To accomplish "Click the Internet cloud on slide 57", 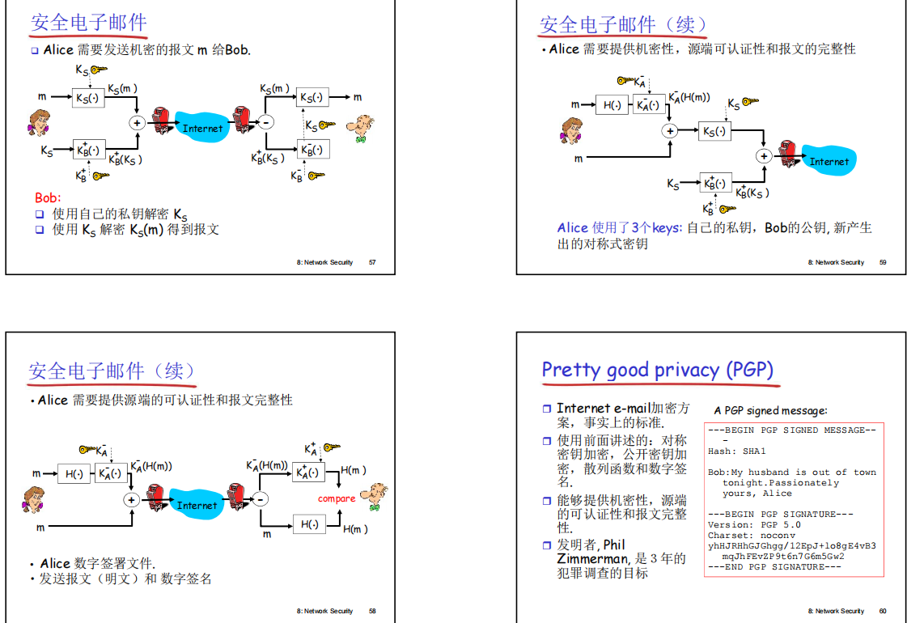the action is tap(202, 128).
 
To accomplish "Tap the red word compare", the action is tap(337, 498).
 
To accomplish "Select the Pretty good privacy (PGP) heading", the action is tap(657, 370).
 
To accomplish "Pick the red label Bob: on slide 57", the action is tap(48, 197).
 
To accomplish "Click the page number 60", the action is tap(883, 611).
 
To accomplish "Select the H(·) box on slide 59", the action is tap(611, 104).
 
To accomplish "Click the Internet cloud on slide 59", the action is tap(829, 161).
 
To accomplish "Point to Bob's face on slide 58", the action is tap(375, 494).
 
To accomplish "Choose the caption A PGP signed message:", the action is tap(770, 410).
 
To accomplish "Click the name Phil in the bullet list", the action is tap(614, 545).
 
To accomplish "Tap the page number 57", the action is tap(372, 262).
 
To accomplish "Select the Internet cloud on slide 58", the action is tap(197, 505).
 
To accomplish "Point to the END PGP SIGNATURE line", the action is tap(774, 566).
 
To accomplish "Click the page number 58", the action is tap(372, 611).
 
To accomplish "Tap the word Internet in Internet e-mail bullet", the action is tap(583, 408).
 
